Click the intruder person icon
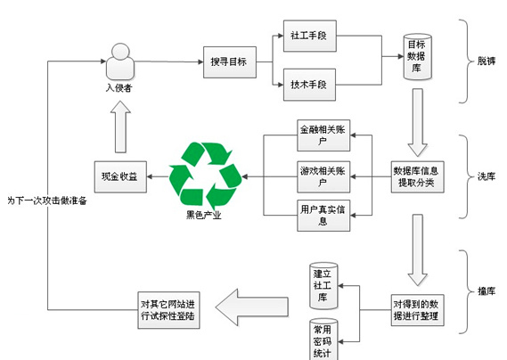[120, 61]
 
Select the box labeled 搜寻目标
[230, 62]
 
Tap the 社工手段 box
[310, 36]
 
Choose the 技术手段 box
[309, 85]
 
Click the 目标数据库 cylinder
[417, 57]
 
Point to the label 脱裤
[487, 61]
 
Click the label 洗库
[487, 176]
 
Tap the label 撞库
[487, 291]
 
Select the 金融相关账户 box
[323, 135]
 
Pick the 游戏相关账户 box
[323, 177]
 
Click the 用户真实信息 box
[323, 216]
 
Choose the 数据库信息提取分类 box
[417, 177]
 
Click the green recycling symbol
[205, 176]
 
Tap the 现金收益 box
[120, 177]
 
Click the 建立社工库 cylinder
[323, 286]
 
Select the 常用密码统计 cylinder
[323, 340]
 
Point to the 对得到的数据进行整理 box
[417, 310]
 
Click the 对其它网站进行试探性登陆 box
[168, 310]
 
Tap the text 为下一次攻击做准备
[47, 200]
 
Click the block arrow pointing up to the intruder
[120, 127]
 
